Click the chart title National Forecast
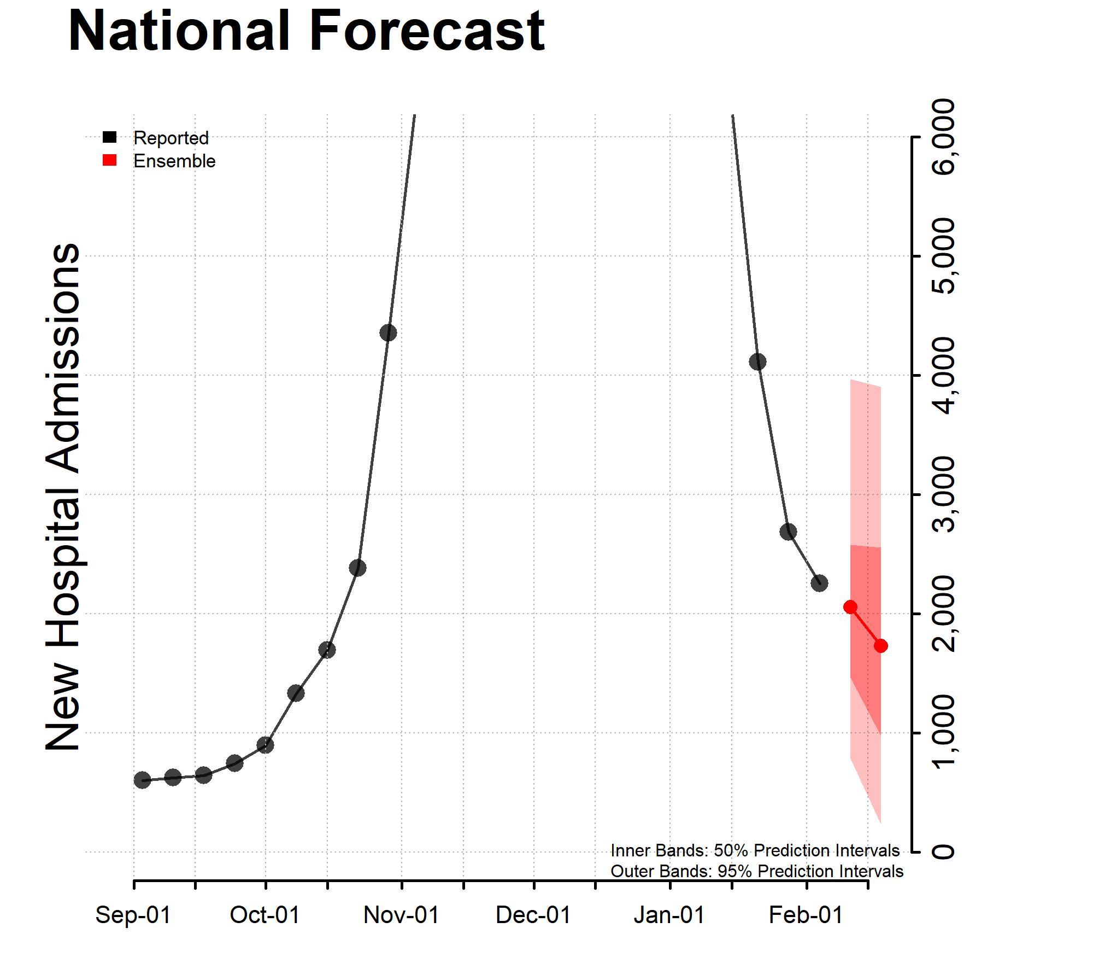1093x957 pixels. [306, 31]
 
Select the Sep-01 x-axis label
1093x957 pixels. [133, 915]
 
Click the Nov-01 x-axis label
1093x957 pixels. [401, 915]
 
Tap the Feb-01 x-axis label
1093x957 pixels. [806, 915]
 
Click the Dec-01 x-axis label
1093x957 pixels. [533, 915]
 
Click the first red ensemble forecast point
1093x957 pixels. [850, 606]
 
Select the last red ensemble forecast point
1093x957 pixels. [881, 646]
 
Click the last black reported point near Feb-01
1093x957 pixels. [819, 583]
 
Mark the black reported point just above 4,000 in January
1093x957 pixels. [757, 361]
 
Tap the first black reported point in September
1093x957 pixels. [142, 780]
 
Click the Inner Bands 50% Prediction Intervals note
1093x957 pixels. [755, 850]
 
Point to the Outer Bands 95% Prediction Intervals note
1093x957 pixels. [756, 871]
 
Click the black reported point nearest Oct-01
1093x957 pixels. [265, 745]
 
